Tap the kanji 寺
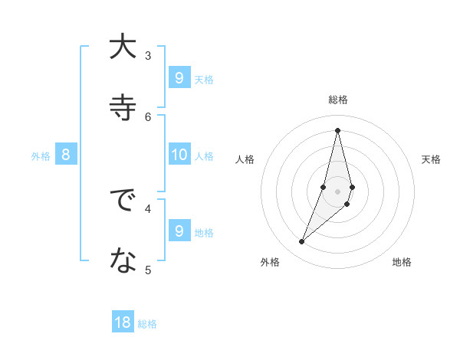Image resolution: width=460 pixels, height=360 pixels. [x=123, y=107]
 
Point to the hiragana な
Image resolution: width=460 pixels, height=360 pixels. [x=123, y=262]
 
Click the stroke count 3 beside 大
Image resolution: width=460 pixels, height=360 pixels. [x=148, y=55]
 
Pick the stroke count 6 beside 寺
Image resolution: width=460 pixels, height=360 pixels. [x=148, y=116]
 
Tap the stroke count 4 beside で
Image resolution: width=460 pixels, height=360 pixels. [x=148, y=208]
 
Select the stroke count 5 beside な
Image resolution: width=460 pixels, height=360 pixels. [x=148, y=270]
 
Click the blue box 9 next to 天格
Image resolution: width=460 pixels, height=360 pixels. [x=179, y=78]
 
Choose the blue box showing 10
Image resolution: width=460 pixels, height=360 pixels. [x=179, y=155]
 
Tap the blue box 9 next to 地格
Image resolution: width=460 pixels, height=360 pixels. [x=179, y=231]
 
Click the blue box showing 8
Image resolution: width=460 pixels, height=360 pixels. [x=66, y=155]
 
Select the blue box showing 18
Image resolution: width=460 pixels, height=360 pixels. [x=123, y=322]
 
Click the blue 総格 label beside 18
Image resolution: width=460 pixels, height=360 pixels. [x=147, y=324]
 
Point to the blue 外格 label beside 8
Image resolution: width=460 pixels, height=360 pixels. [x=41, y=156]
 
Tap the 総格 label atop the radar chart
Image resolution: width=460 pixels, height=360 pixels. [x=337, y=100]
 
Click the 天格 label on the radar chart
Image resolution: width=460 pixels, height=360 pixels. [x=431, y=159]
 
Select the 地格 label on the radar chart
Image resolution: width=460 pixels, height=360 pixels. [x=402, y=262]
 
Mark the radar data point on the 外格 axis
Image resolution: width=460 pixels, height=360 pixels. [x=301, y=242]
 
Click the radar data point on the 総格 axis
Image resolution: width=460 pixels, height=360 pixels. [x=337, y=129]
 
